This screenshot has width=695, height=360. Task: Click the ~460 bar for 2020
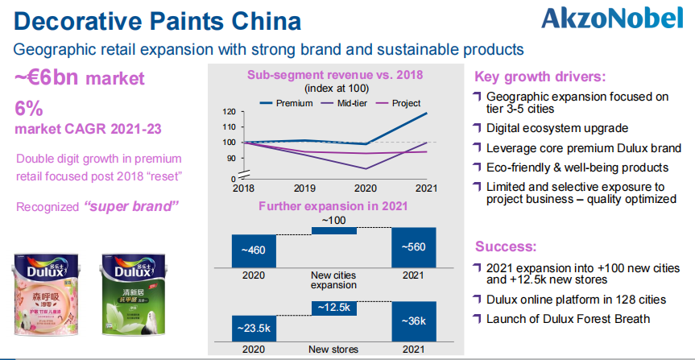click(x=253, y=250)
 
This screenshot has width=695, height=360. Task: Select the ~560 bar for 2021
click(x=413, y=246)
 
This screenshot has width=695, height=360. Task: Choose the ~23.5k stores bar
click(x=253, y=329)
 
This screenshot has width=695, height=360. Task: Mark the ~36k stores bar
click(x=413, y=321)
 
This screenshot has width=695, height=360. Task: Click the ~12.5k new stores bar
click(x=333, y=308)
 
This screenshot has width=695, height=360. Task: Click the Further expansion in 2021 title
click(x=333, y=206)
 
